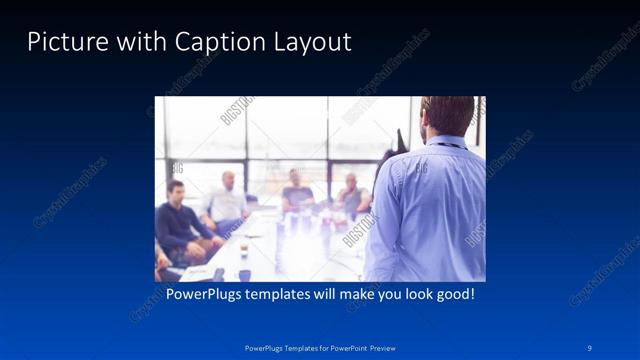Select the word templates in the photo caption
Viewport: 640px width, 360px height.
tap(286, 295)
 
